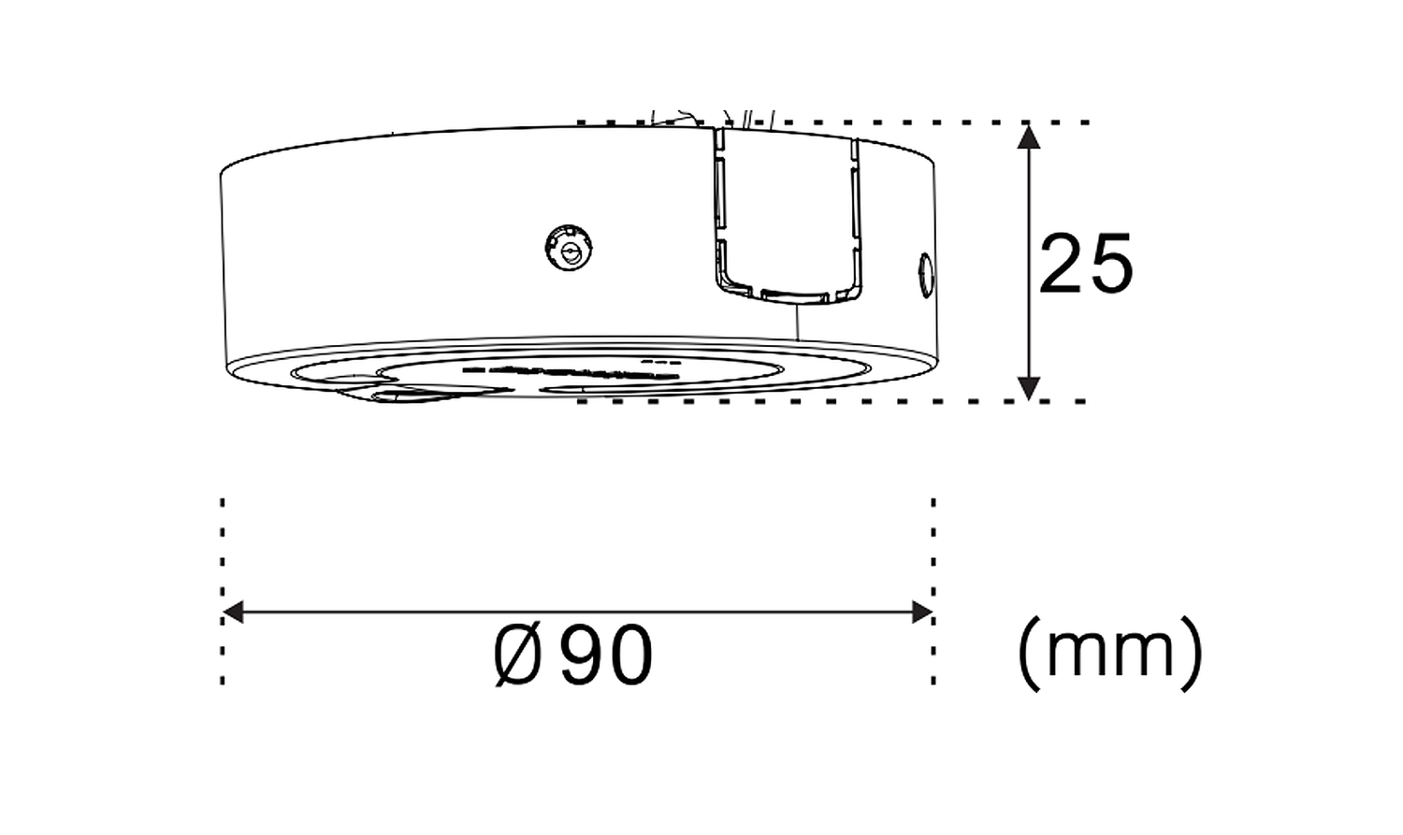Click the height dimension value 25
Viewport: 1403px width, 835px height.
1085,264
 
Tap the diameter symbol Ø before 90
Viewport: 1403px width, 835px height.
517,655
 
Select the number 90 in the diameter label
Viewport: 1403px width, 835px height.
606,655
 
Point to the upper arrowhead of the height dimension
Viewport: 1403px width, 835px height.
1029,137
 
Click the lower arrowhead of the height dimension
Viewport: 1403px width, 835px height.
1029,388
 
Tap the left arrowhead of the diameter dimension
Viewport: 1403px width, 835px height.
233,612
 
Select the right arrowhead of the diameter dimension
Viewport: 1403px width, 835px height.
922,612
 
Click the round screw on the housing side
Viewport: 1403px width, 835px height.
569,248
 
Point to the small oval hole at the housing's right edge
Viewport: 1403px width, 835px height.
925,276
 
